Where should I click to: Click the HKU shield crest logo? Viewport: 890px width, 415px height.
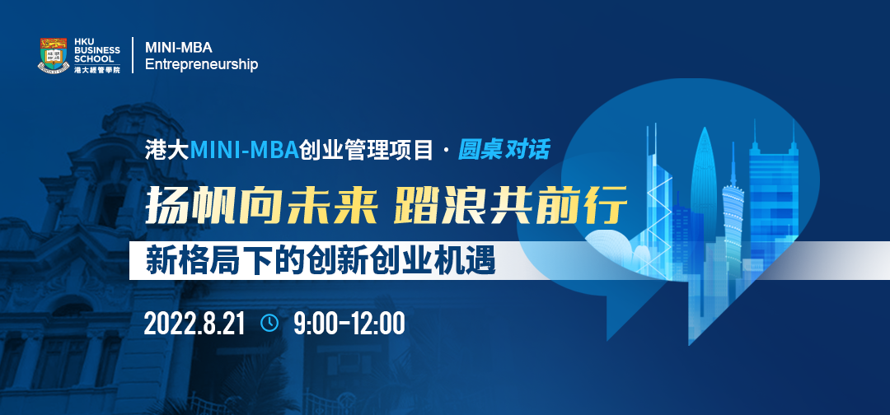[54, 55]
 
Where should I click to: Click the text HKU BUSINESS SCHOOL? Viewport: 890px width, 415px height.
[97, 50]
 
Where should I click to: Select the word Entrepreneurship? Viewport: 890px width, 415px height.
[202, 64]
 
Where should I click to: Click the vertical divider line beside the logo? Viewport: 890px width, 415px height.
[133, 55]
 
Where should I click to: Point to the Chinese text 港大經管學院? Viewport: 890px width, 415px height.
[97, 70]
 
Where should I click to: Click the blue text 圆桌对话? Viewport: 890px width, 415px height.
[504, 150]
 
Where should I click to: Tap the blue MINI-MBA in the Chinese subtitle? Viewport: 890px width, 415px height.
[244, 150]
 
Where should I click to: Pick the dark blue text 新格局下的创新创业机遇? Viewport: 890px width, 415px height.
[321, 261]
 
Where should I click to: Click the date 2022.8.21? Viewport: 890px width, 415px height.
[194, 324]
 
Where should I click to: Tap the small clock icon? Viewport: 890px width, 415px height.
[269, 323]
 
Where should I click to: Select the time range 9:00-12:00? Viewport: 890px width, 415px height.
[349, 324]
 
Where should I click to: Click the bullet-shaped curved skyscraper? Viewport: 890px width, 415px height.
[705, 187]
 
